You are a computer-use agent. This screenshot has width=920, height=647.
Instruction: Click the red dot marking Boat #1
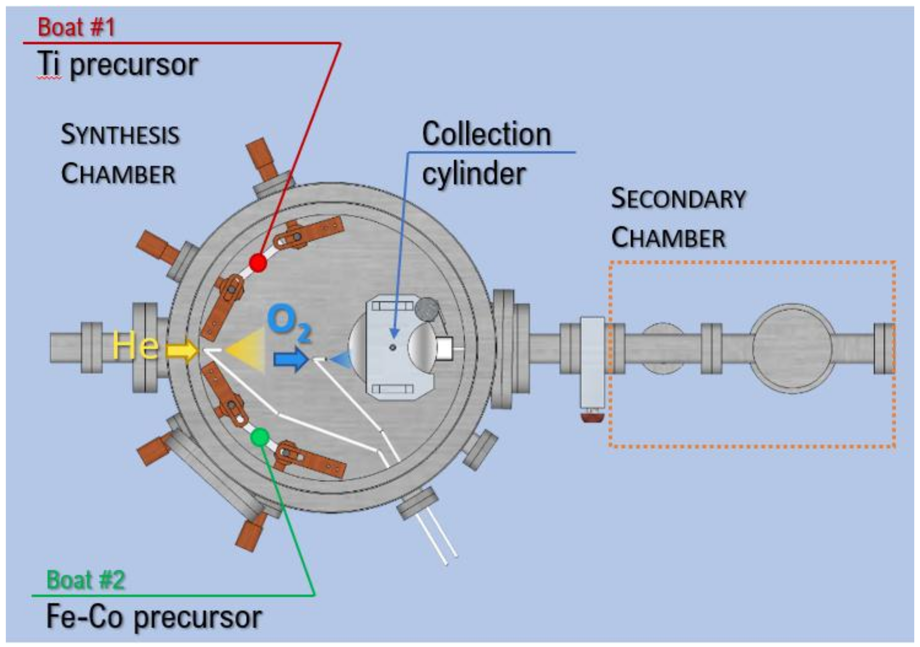click(258, 263)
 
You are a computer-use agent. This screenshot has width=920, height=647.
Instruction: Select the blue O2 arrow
click(291, 359)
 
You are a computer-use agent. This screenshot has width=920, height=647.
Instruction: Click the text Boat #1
click(76, 27)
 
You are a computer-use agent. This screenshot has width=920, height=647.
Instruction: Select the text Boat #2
click(86, 580)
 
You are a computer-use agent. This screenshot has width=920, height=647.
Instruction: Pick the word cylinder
click(474, 174)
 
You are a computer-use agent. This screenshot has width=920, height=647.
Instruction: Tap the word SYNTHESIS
click(120, 135)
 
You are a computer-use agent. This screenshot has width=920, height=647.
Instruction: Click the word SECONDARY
click(678, 199)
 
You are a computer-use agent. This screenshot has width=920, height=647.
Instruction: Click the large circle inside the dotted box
click(792, 348)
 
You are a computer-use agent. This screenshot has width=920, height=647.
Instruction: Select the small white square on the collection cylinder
click(444, 348)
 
